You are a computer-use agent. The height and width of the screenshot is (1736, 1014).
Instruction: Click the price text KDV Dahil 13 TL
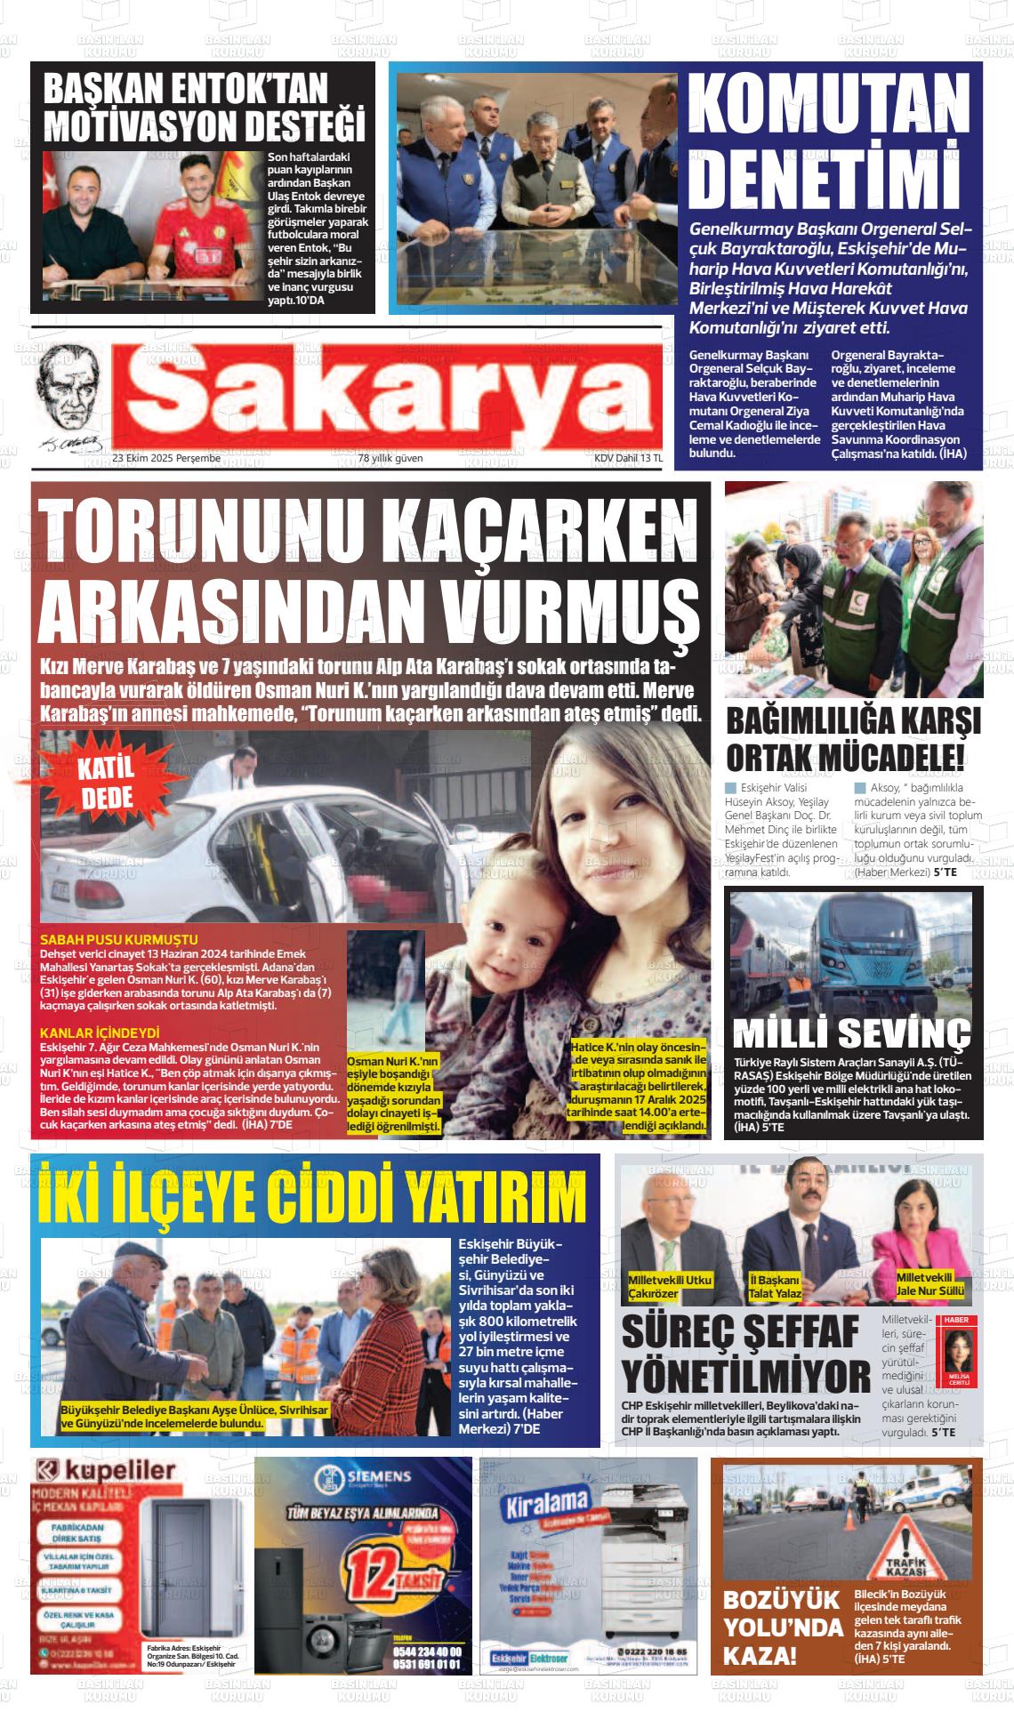tap(628, 458)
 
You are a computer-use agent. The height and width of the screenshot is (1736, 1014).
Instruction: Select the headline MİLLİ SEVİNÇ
tap(851, 1033)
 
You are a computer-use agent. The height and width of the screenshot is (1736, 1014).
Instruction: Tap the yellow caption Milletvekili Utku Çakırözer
tap(670, 1286)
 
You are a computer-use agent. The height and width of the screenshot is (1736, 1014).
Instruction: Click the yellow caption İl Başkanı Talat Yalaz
tap(776, 1286)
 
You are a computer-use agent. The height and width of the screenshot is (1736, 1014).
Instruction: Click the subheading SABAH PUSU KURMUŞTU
tap(119, 939)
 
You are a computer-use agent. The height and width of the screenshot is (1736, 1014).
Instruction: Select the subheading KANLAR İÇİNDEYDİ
tap(100, 1033)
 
